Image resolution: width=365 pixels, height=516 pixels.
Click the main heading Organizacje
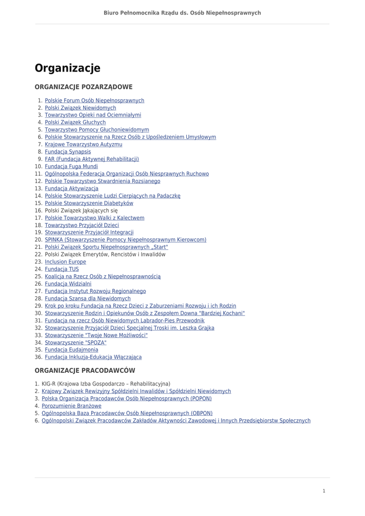point(67,68)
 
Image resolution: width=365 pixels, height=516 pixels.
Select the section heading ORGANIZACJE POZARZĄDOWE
point(84,87)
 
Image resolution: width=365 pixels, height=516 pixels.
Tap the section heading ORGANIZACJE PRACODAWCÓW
point(85,370)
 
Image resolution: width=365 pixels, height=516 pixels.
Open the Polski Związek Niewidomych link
point(80,108)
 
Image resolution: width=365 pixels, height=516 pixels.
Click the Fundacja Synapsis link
point(67,152)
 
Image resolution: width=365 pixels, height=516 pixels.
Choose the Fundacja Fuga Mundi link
point(71,166)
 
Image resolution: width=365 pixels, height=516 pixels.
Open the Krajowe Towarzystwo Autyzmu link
point(83,145)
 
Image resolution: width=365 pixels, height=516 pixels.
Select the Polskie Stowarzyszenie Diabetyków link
point(89,203)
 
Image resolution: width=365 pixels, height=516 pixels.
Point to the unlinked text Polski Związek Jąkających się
point(81,211)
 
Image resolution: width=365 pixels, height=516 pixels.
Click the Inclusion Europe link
point(65,262)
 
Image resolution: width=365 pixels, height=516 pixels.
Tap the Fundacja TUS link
point(61,269)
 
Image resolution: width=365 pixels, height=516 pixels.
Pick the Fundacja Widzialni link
point(68,284)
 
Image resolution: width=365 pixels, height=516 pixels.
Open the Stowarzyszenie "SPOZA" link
point(76,343)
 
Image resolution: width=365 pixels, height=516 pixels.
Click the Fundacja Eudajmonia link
point(71,350)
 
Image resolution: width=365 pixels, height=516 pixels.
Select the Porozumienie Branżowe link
point(71,406)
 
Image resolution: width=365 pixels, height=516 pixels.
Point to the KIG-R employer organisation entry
point(106,384)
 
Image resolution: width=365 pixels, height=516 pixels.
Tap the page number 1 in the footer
point(324,491)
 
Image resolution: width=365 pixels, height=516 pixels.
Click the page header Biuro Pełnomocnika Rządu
point(182,13)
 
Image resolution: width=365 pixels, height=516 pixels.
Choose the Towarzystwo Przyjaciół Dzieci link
point(82,225)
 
